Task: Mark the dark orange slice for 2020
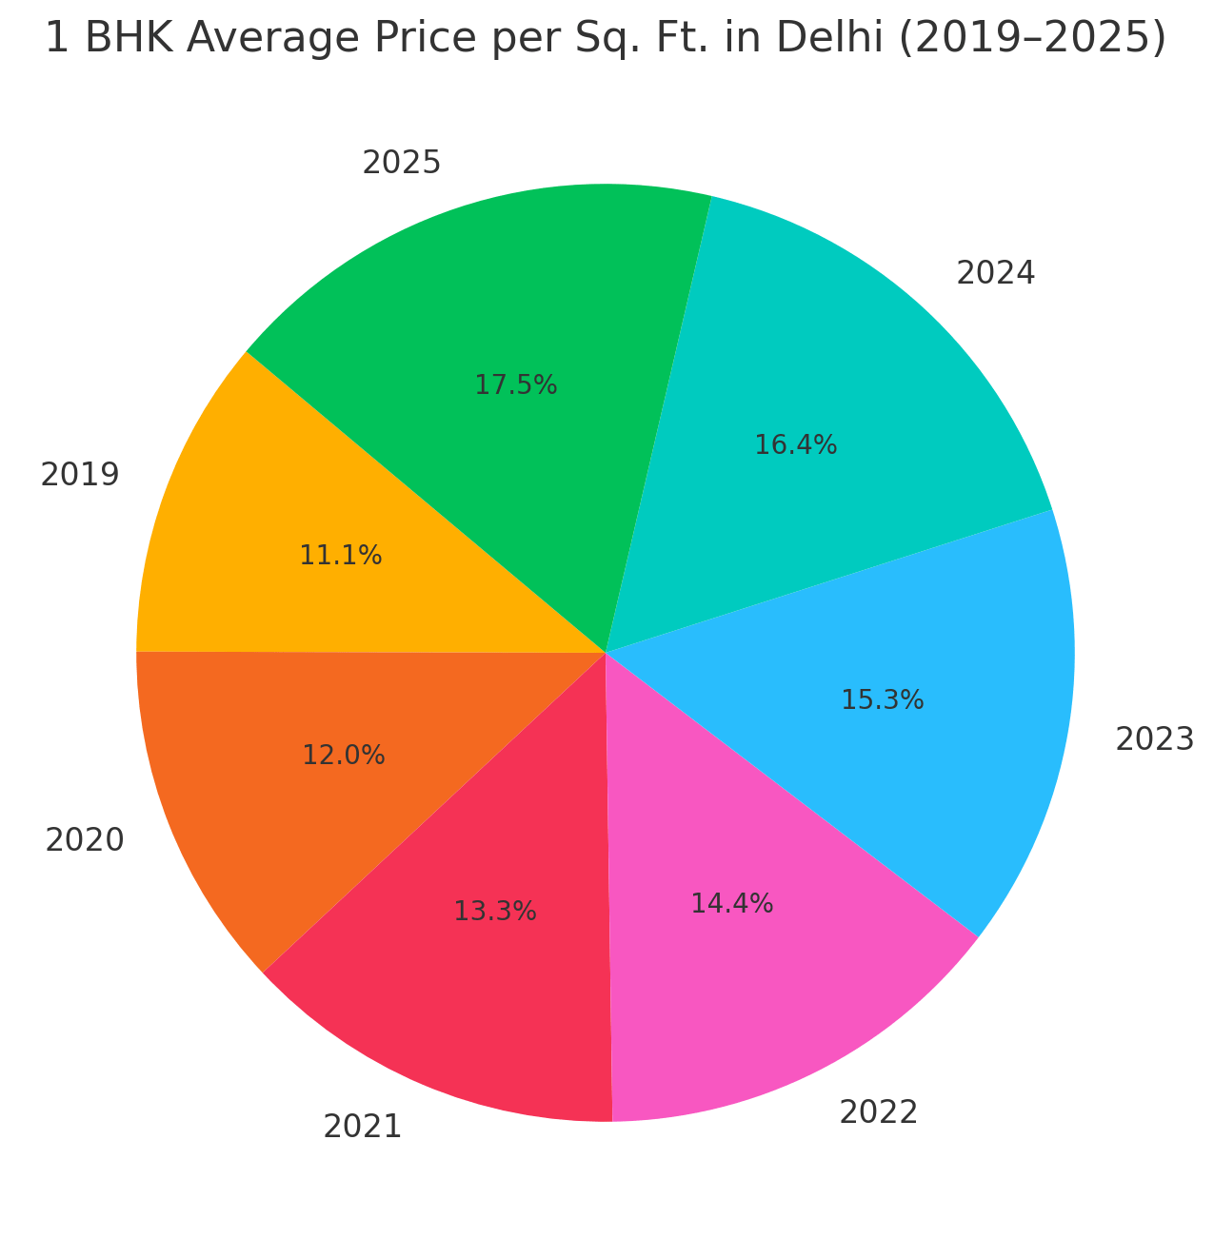tap(276, 809)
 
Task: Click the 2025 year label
tap(401, 164)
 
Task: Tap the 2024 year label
tap(995, 274)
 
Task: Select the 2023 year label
tap(1154, 739)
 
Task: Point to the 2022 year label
tap(878, 1112)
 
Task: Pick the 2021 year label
tap(362, 1128)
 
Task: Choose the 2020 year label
tap(84, 840)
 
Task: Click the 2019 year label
tap(80, 474)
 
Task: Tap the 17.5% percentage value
tap(515, 385)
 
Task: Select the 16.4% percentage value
tap(795, 444)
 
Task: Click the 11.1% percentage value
tap(340, 556)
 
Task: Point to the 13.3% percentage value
tap(494, 912)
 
